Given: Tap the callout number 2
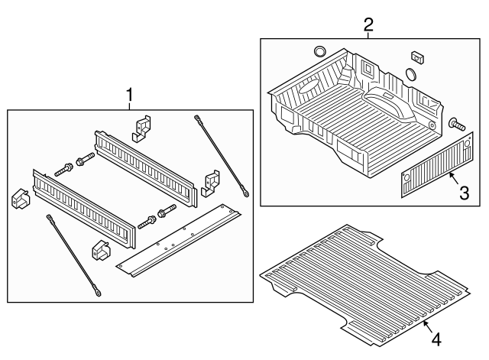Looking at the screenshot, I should point(368,24).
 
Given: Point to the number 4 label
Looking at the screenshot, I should point(436,338).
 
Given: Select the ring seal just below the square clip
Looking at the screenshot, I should point(412,74).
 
